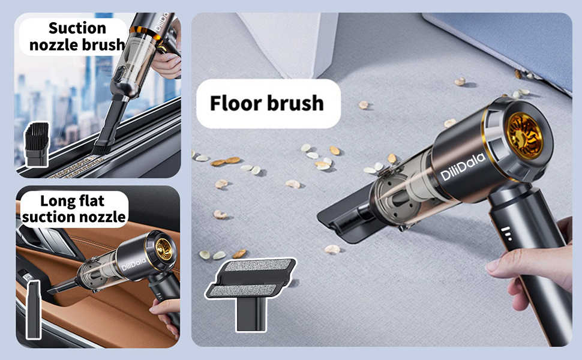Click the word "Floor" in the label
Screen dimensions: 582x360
coord(236,103)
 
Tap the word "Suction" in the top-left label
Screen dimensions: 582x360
coord(77,28)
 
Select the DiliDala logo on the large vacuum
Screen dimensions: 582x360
coord(463,166)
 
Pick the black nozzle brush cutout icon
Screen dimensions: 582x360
coord(37,144)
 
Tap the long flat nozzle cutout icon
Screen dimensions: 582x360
coord(34,309)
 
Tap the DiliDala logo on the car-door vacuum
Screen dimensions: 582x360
coord(134,264)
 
